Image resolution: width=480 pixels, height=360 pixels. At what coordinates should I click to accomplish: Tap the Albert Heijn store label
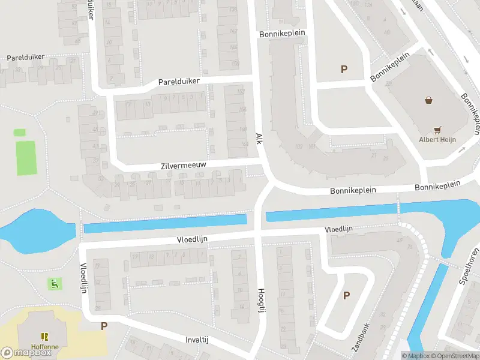click(437, 140)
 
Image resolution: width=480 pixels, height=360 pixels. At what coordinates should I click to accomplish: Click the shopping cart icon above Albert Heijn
click(438, 129)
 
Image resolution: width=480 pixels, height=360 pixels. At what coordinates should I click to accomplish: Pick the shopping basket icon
click(428, 100)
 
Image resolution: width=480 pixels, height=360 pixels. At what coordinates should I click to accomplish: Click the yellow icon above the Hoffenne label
click(43, 336)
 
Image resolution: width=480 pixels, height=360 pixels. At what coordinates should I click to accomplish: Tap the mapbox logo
click(26, 353)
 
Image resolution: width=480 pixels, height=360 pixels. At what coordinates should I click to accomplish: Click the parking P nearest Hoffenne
click(104, 326)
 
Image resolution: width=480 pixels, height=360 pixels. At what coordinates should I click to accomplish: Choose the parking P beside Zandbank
click(346, 295)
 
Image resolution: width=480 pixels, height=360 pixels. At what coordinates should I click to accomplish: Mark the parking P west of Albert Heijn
click(344, 70)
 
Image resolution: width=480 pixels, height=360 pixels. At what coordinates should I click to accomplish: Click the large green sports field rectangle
click(26, 157)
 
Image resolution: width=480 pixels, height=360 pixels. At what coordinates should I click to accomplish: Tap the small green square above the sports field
click(20, 132)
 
